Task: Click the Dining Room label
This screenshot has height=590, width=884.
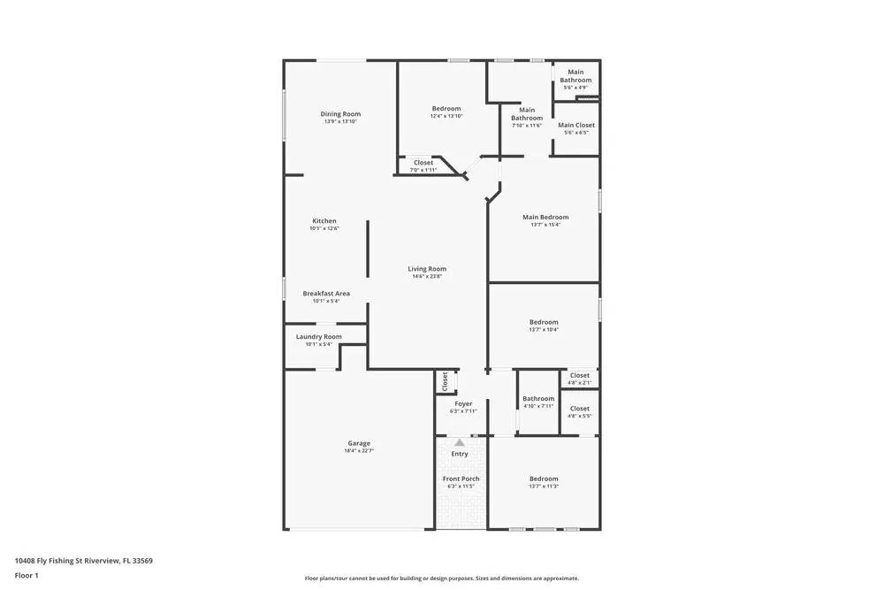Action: pyautogui.click(x=340, y=114)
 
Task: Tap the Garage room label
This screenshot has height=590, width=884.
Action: pyautogui.click(x=359, y=443)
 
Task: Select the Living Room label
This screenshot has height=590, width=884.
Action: pyautogui.click(x=427, y=269)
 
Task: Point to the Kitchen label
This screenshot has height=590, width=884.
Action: pyautogui.click(x=324, y=221)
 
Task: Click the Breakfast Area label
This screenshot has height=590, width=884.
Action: pyautogui.click(x=326, y=294)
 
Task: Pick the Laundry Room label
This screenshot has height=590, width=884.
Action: pyautogui.click(x=318, y=337)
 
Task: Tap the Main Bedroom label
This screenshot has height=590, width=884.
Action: pyautogui.click(x=545, y=217)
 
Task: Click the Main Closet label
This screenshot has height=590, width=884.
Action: pyautogui.click(x=576, y=126)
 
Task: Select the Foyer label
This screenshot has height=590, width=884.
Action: pyautogui.click(x=463, y=403)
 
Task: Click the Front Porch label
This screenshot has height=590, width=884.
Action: pyautogui.click(x=461, y=479)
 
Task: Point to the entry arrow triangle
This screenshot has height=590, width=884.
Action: pyautogui.click(x=460, y=442)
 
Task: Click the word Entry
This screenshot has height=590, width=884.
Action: pyautogui.click(x=460, y=454)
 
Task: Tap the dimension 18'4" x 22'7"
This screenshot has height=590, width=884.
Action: pyautogui.click(x=359, y=451)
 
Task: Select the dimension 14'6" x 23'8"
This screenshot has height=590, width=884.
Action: pyautogui.click(x=427, y=276)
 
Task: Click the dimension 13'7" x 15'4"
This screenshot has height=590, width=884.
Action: pyautogui.click(x=545, y=225)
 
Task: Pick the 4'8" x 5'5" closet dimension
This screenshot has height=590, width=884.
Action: pyautogui.click(x=580, y=416)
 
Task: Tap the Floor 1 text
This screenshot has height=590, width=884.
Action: pyautogui.click(x=27, y=575)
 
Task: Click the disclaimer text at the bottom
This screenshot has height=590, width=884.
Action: pyautogui.click(x=442, y=579)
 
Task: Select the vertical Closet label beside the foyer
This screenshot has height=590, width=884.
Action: pyautogui.click(x=445, y=381)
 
